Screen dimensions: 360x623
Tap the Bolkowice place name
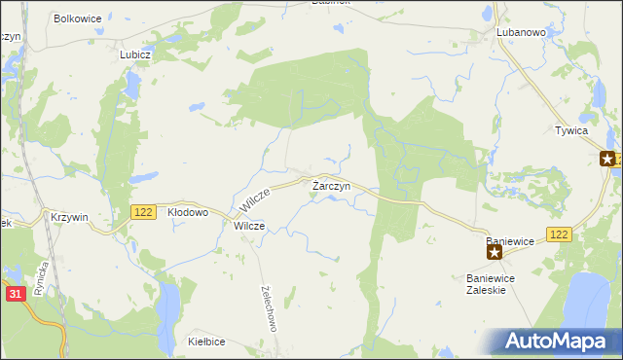pos(79,18)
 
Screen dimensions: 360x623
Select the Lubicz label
pos(135,54)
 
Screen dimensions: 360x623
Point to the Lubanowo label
pos(521,32)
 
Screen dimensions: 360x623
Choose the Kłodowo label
pos(189,211)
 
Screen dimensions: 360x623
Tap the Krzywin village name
pos(70,217)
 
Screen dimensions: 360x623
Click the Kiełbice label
pos(207,342)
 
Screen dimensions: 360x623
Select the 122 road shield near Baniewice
pos(559,234)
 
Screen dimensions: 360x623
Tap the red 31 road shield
pos(14,294)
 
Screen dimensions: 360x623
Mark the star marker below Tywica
pos(607,159)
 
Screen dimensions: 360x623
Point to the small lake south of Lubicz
pos(129,90)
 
